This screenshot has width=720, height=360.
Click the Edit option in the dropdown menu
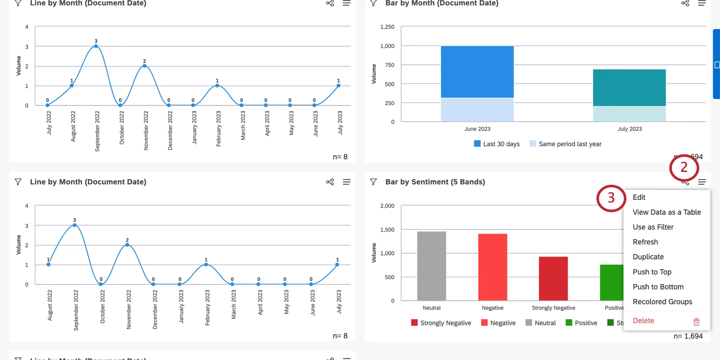pos(639,197)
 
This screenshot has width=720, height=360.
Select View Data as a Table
pos(666,212)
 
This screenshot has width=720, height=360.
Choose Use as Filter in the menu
pos(653,227)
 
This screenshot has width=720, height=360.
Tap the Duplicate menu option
pos(648,257)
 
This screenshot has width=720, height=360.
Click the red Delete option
pos(643,321)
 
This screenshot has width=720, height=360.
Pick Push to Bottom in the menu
pos(658,287)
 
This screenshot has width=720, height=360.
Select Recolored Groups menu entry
pos(662,302)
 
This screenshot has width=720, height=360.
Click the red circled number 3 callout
pos(611,198)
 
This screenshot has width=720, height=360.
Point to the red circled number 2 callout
pos(684,167)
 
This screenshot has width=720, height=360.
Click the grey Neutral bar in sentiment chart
pos(431,266)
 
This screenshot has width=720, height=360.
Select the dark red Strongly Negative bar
pos(553,278)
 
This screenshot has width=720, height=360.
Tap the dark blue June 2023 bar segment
pos(477,72)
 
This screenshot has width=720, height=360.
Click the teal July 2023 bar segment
pos(629,88)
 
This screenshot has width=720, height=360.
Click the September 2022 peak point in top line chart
pos(96,46)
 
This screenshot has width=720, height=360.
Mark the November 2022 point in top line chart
pos(144,66)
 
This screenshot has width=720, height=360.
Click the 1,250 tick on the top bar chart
pos(387,27)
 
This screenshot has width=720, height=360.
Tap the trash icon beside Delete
pos(696,321)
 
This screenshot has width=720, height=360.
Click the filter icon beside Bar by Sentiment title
pos(373,182)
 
